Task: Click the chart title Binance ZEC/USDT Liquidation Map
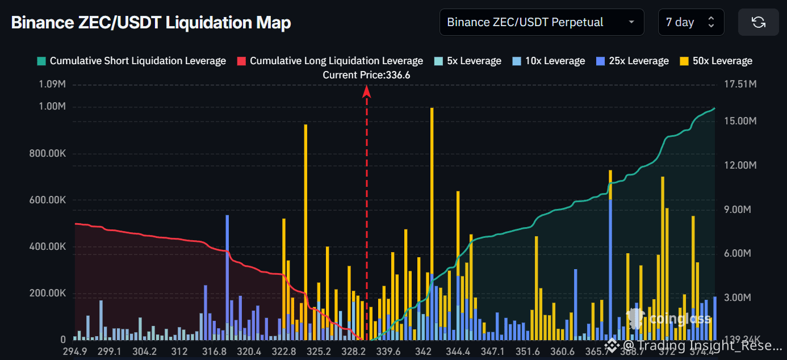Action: point(151,23)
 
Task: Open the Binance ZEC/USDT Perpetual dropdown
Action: point(541,23)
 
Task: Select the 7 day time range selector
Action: point(690,23)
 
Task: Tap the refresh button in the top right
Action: point(758,23)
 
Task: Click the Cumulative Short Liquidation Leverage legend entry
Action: point(131,61)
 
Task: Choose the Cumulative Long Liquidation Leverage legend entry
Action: point(330,61)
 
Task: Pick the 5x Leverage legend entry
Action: point(467,61)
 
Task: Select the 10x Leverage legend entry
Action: point(549,61)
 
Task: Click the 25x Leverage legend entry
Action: point(632,61)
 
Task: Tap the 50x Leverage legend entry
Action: point(715,61)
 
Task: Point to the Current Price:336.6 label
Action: point(366,75)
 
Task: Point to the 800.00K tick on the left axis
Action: point(47,154)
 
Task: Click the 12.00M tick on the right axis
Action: point(737,165)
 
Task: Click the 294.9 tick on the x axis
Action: point(75,351)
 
